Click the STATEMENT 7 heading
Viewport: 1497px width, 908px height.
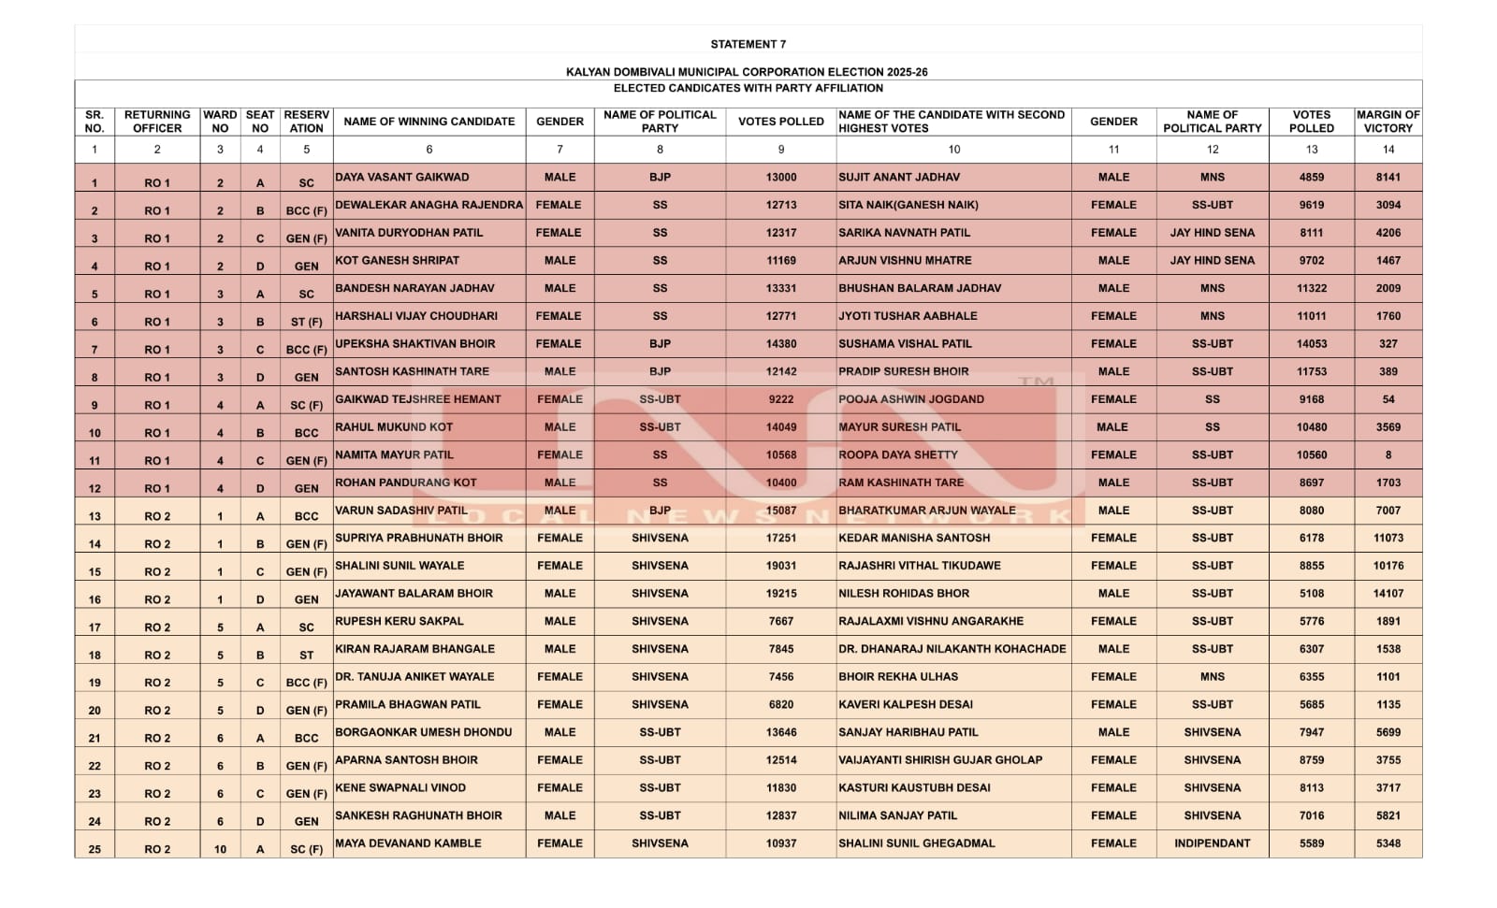tap(748, 44)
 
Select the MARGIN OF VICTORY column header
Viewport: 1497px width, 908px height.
tap(1388, 122)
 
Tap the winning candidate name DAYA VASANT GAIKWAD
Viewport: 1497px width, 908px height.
tap(402, 177)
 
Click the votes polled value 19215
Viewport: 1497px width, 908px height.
tap(781, 593)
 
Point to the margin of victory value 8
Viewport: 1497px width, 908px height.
tap(1388, 454)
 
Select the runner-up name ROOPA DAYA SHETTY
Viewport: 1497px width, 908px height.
tap(898, 454)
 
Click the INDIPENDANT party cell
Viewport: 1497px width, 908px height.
tap(1212, 843)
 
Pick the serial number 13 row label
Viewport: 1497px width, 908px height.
tap(94, 516)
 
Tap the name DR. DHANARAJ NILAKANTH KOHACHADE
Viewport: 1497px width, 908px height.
tap(952, 648)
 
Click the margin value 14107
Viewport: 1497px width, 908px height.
tap(1388, 593)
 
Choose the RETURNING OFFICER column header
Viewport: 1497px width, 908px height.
tap(157, 122)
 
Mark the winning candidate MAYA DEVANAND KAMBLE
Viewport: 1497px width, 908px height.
tap(408, 843)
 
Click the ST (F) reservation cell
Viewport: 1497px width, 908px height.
tap(306, 322)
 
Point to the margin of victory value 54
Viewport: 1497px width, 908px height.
tap(1388, 399)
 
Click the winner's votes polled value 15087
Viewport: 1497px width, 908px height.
tap(781, 511)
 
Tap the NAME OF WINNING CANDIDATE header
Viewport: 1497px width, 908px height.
tap(429, 122)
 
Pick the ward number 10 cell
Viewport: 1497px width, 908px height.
tap(220, 849)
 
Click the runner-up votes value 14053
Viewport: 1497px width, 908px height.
tap(1311, 343)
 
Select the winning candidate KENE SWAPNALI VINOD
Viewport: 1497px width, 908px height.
tap(400, 787)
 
